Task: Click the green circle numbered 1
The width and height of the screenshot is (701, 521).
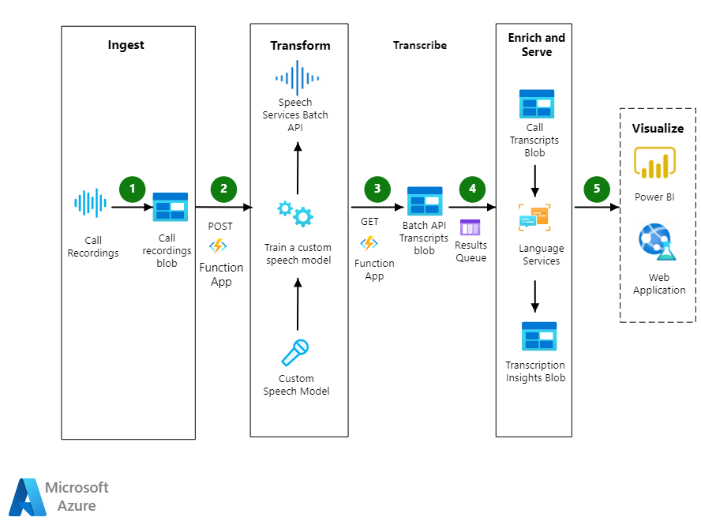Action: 133,189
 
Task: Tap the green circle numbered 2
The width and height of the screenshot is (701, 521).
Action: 223,189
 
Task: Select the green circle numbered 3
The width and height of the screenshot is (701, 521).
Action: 377,189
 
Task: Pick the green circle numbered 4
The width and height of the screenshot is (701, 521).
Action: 472,189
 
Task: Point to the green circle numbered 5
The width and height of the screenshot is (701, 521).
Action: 597,189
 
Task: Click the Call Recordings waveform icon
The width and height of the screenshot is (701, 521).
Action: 89,203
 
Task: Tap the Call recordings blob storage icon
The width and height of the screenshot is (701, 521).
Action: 170,207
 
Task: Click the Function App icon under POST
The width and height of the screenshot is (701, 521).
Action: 217,246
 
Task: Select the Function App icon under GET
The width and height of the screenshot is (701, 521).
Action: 369,242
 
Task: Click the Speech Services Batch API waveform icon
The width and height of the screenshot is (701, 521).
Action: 297,78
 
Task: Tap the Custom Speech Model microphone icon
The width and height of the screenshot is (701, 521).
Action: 294,352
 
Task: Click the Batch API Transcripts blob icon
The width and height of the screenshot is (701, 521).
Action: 424,201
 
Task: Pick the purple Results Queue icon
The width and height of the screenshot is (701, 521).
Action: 470,227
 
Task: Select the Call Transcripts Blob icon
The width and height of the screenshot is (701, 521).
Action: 537,104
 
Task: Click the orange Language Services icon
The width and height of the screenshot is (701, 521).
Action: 534,218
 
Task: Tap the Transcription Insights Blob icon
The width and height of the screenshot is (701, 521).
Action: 539,336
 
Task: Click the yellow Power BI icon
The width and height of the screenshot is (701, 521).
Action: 654,163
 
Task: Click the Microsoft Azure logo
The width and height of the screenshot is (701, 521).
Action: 28,497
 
